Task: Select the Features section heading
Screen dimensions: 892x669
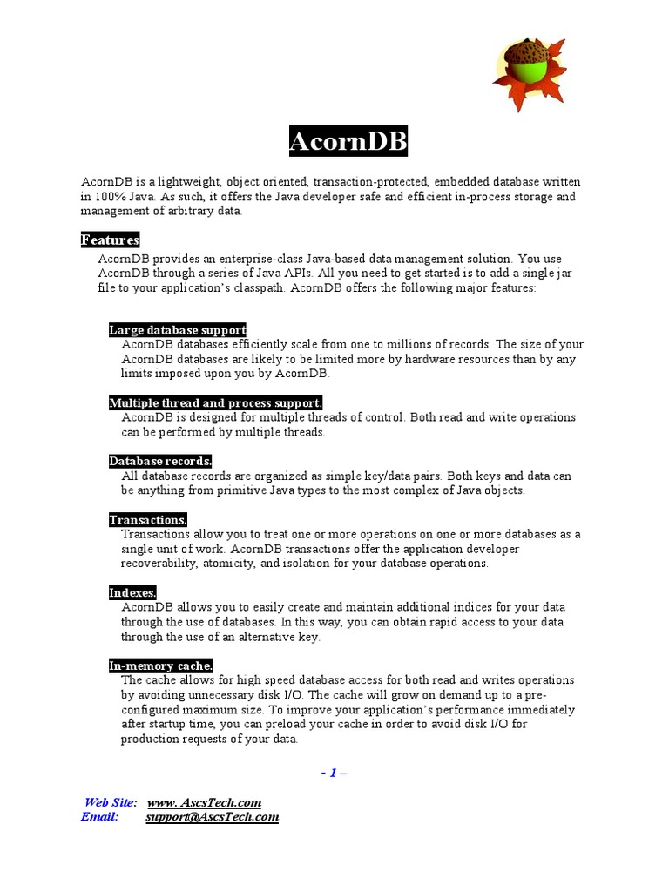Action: pos(110,240)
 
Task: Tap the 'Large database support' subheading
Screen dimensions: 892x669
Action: pos(178,330)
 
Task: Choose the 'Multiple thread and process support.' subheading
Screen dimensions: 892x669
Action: pos(215,403)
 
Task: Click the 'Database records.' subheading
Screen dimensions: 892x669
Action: pos(160,462)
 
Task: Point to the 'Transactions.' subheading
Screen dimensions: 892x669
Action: pos(148,520)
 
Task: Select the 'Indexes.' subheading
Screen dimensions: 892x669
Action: pos(132,593)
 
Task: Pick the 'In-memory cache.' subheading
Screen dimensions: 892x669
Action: pos(160,666)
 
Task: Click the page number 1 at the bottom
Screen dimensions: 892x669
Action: pos(333,773)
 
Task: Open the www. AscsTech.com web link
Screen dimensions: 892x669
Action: pos(205,802)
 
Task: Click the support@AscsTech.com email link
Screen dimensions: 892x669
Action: pos(213,817)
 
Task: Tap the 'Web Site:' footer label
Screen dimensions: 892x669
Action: pos(111,802)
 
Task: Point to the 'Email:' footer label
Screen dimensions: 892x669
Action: pos(99,817)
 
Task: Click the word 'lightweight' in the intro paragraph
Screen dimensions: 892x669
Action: pos(190,182)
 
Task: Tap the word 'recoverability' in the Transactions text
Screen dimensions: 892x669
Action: pos(159,564)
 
